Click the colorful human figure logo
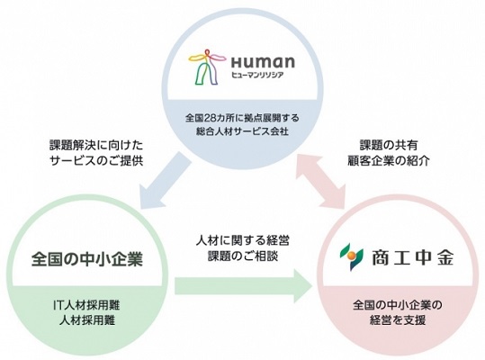(x=206, y=67)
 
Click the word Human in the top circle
(x=263, y=62)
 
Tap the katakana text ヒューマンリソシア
(x=257, y=75)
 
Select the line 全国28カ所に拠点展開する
(x=243, y=118)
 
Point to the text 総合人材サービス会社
(x=243, y=131)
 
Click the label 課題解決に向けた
(x=96, y=146)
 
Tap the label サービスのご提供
(x=96, y=161)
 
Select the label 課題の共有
(x=389, y=146)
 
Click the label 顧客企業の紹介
(x=389, y=161)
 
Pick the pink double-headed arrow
(x=320, y=181)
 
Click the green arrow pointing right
(x=243, y=286)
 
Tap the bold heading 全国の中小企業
(x=87, y=258)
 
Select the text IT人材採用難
(x=87, y=306)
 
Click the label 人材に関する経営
(x=243, y=240)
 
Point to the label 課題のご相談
(x=243, y=256)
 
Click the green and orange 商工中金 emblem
(x=352, y=256)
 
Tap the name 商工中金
(x=413, y=257)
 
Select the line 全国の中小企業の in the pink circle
(x=398, y=305)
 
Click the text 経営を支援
(x=398, y=319)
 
